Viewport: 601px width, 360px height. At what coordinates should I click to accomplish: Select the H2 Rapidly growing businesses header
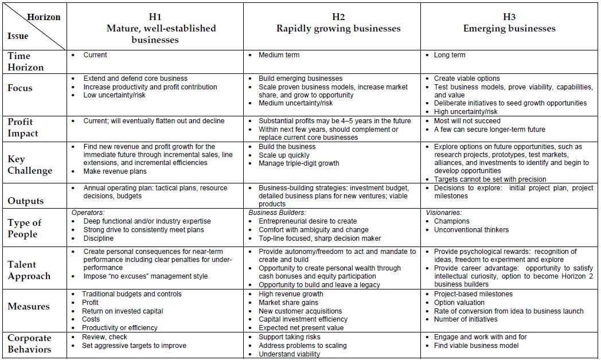coord(338,23)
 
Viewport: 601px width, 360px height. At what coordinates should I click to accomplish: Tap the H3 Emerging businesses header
coord(509,23)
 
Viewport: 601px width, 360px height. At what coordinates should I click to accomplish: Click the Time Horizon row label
coord(26,61)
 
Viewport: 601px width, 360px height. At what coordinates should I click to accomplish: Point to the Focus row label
coord(20,88)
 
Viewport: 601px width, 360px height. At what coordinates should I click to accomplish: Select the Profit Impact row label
coord(23,127)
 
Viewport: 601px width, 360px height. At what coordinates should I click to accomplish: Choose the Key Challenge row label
coord(30,165)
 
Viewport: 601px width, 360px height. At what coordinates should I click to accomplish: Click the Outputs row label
coord(26,201)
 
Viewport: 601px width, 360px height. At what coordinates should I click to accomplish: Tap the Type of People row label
coord(25,228)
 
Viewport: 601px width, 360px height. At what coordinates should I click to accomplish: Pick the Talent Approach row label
coord(29,270)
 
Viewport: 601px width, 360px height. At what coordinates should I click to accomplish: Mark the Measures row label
coord(29,306)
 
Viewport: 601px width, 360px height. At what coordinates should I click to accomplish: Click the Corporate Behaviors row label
coord(30,343)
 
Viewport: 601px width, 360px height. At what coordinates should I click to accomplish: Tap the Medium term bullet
coord(279,55)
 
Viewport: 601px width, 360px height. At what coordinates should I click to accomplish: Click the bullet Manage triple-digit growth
coord(299,163)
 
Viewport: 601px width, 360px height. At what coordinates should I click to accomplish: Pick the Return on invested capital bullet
coord(122,311)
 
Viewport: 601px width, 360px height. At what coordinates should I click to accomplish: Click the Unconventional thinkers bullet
coord(471,230)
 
